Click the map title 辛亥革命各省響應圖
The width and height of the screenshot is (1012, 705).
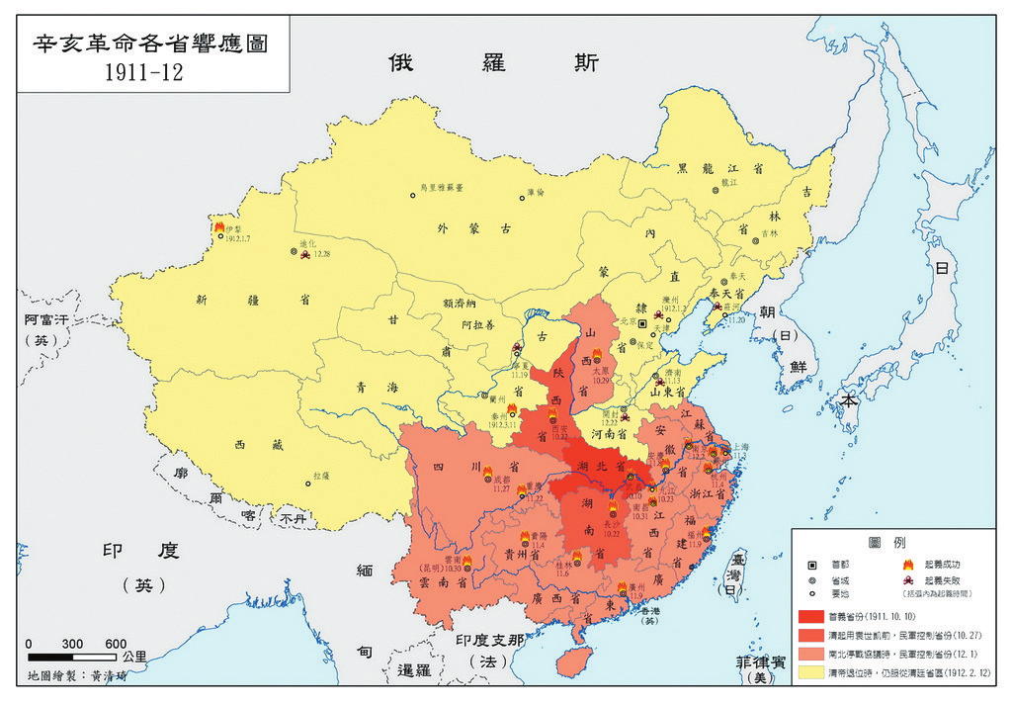coord(151,44)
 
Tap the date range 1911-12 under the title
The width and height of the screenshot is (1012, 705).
coord(150,73)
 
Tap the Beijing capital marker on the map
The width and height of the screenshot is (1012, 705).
coord(642,323)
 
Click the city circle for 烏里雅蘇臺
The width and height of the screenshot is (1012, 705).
coord(413,195)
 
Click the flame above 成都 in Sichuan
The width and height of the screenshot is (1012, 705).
coord(487,474)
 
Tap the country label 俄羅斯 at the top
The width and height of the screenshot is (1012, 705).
coord(492,62)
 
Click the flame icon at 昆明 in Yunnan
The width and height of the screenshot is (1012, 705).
coord(466,561)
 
